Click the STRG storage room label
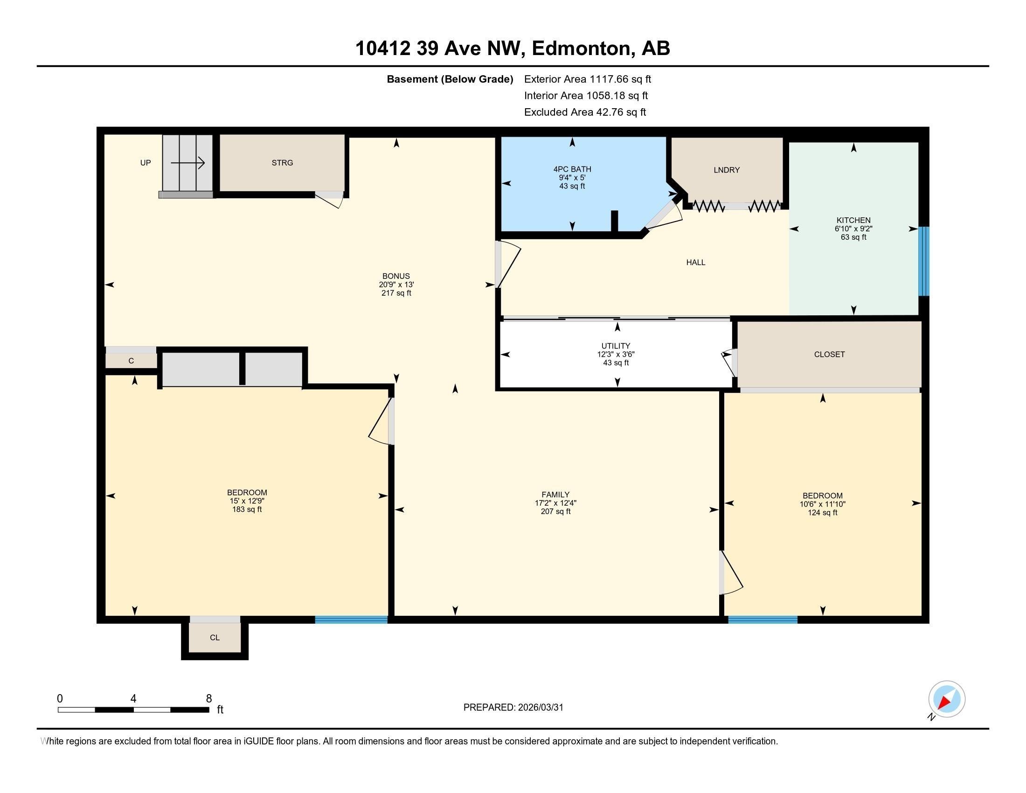(282, 162)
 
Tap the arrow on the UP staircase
(188, 163)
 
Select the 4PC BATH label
(572, 169)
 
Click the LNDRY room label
(726, 170)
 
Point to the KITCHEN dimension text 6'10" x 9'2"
(853, 229)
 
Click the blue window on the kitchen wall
(923, 261)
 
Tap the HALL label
(695, 263)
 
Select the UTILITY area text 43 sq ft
(616, 363)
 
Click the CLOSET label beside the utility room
(829, 355)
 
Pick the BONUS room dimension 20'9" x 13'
(396, 285)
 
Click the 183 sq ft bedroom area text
(247, 509)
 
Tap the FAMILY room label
(555, 494)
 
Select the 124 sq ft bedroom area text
(822, 513)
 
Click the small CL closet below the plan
(215, 638)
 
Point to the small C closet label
(131, 361)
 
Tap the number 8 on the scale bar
(208, 699)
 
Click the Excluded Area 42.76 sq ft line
(585, 112)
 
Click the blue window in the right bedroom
(763, 619)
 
